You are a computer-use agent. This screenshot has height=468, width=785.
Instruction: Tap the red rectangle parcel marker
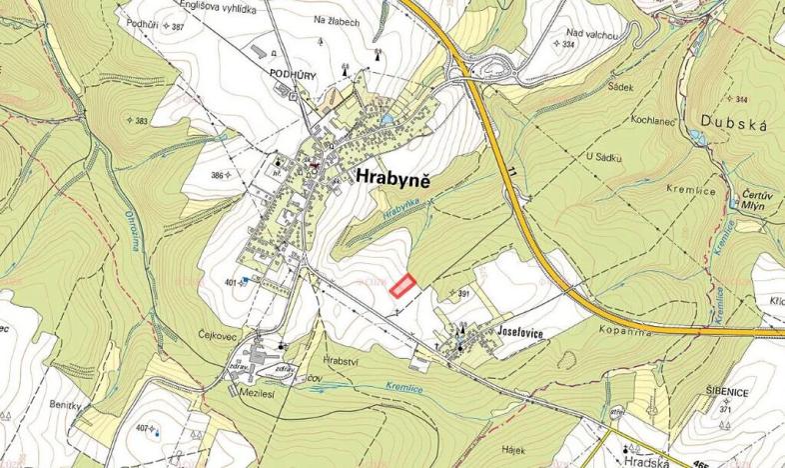point(401,286)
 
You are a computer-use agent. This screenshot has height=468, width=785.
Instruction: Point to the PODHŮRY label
point(292,74)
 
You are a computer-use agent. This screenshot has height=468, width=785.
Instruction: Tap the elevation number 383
point(141,121)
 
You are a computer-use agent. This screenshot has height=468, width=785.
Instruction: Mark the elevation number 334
point(569,45)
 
